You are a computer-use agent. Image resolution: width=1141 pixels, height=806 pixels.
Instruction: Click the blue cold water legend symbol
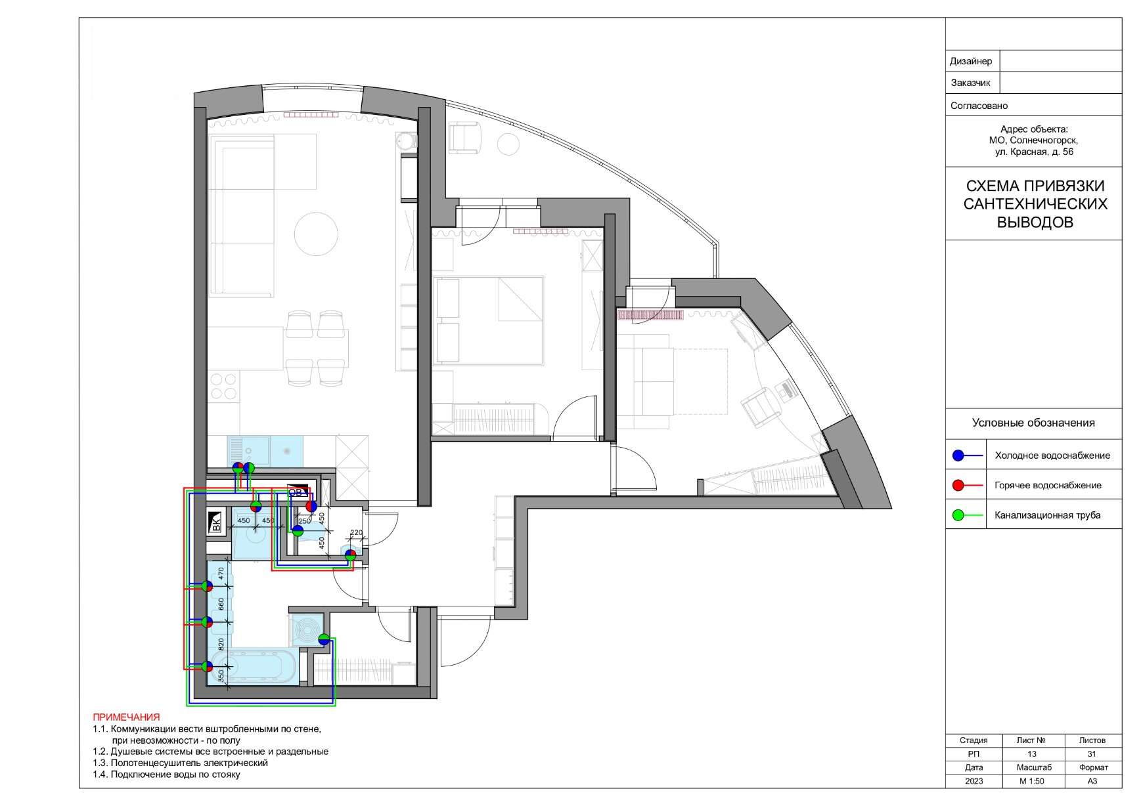[967, 456]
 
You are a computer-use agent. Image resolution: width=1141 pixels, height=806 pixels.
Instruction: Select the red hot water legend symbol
[967, 486]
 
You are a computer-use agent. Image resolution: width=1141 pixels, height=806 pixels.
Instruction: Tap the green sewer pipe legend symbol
[967, 515]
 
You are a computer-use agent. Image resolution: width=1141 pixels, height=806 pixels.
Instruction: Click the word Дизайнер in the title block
[971, 61]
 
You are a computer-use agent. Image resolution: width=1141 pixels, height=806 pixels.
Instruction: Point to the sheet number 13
[1032, 753]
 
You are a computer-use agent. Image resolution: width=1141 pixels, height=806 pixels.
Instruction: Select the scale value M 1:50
[1032, 781]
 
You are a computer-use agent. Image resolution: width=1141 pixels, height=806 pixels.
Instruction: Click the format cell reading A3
[1092, 781]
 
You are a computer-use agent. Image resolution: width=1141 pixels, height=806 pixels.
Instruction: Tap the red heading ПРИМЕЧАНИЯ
[126, 717]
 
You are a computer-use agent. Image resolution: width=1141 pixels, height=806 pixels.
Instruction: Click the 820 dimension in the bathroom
[221, 645]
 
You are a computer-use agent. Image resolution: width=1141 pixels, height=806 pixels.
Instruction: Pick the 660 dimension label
[221, 604]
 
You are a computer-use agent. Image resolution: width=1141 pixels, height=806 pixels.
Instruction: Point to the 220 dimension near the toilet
[356, 533]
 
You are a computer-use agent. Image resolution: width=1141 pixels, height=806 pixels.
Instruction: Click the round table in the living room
[316, 233]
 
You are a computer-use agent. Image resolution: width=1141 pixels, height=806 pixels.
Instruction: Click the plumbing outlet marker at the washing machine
[324, 639]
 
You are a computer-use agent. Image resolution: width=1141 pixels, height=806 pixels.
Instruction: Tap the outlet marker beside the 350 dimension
[207, 666]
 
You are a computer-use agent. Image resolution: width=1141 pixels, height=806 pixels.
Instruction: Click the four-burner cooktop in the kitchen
[223, 387]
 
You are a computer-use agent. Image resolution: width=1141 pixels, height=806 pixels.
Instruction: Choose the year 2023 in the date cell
[974, 781]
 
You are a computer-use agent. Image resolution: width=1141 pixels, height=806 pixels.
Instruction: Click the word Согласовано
[979, 106]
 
